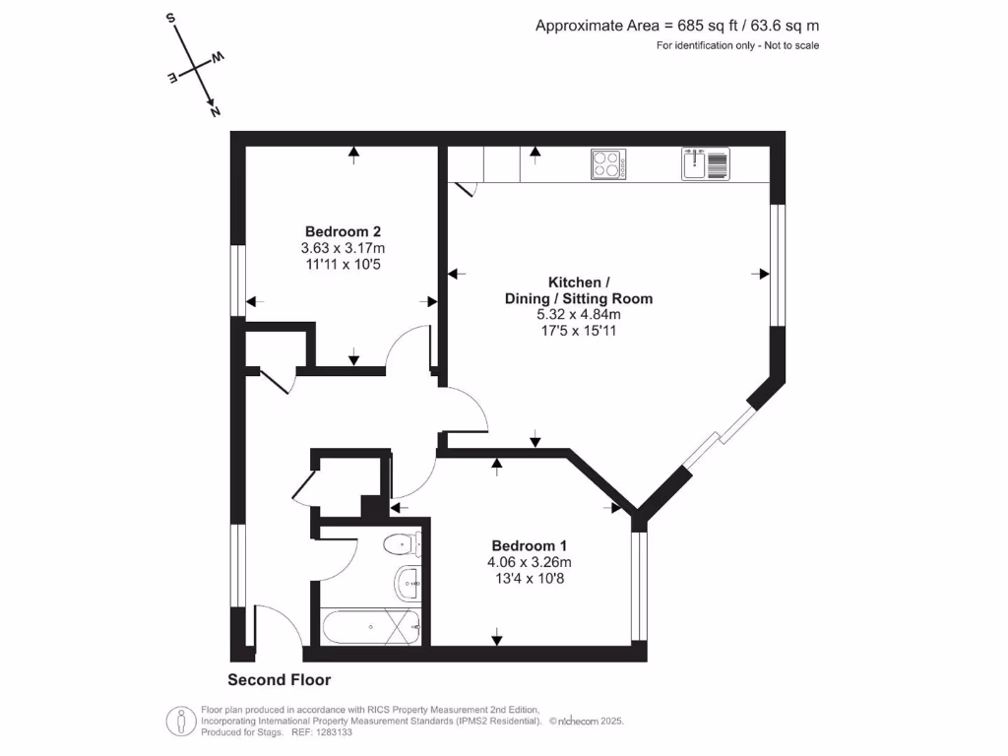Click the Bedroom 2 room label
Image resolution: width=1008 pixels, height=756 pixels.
pyautogui.click(x=343, y=231)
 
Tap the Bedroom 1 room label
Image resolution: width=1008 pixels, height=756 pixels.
pyautogui.click(x=529, y=545)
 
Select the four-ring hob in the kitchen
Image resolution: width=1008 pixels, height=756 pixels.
pyautogui.click(x=608, y=164)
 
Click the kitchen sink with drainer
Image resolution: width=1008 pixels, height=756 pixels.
pyautogui.click(x=705, y=164)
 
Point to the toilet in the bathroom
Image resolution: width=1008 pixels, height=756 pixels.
pyautogui.click(x=402, y=545)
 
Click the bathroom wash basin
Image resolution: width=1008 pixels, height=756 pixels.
pyautogui.click(x=407, y=583)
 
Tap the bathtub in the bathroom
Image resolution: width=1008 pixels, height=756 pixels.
pyautogui.click(x=371, y=626)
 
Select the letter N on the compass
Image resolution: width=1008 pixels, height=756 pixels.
pyautogui.click(x=216, y=112)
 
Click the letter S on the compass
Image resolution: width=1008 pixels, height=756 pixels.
pyautogui.click(x=171, y=18)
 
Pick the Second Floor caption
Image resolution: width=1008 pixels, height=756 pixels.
pyautogui.click(x=279, y=679)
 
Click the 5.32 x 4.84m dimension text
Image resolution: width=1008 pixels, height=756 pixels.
pyautogui.click(x=579, y=314)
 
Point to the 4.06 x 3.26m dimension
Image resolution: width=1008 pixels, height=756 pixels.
pyautogui.click(x=529, y=562)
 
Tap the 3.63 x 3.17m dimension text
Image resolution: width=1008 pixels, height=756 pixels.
pyautogui.click(x=343, y=247)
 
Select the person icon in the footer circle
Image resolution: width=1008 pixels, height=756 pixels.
pyautogui.click(x=181, y=721)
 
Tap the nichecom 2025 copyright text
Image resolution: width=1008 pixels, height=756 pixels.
pyautogui.click(x=587, y=722)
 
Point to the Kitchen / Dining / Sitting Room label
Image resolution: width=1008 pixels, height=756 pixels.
pyautogui.click(x=579, y=290)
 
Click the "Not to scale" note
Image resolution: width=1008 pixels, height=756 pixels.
pyautogui.click(x=791, y=45)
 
